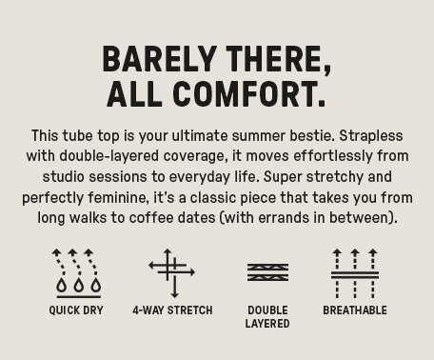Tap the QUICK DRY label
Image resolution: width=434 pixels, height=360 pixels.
(76, 310)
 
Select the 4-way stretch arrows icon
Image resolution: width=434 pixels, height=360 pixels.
(171, 273)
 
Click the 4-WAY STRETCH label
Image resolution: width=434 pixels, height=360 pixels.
(172, 310)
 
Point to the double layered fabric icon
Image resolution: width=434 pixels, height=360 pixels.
(267, 272)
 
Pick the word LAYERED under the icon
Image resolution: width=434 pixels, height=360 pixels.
(267, 324)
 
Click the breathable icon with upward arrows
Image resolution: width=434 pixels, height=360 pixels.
(355, 273)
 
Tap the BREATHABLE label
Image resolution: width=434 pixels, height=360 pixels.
(355, 310)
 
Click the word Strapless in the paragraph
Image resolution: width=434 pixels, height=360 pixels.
(371, 136)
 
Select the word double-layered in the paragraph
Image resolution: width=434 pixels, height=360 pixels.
(109, 156)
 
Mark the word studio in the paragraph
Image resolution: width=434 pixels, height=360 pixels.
(64, 176)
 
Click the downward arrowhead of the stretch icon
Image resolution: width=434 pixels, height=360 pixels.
(174, 295)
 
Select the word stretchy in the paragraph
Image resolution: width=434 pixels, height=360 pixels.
(334, 177)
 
